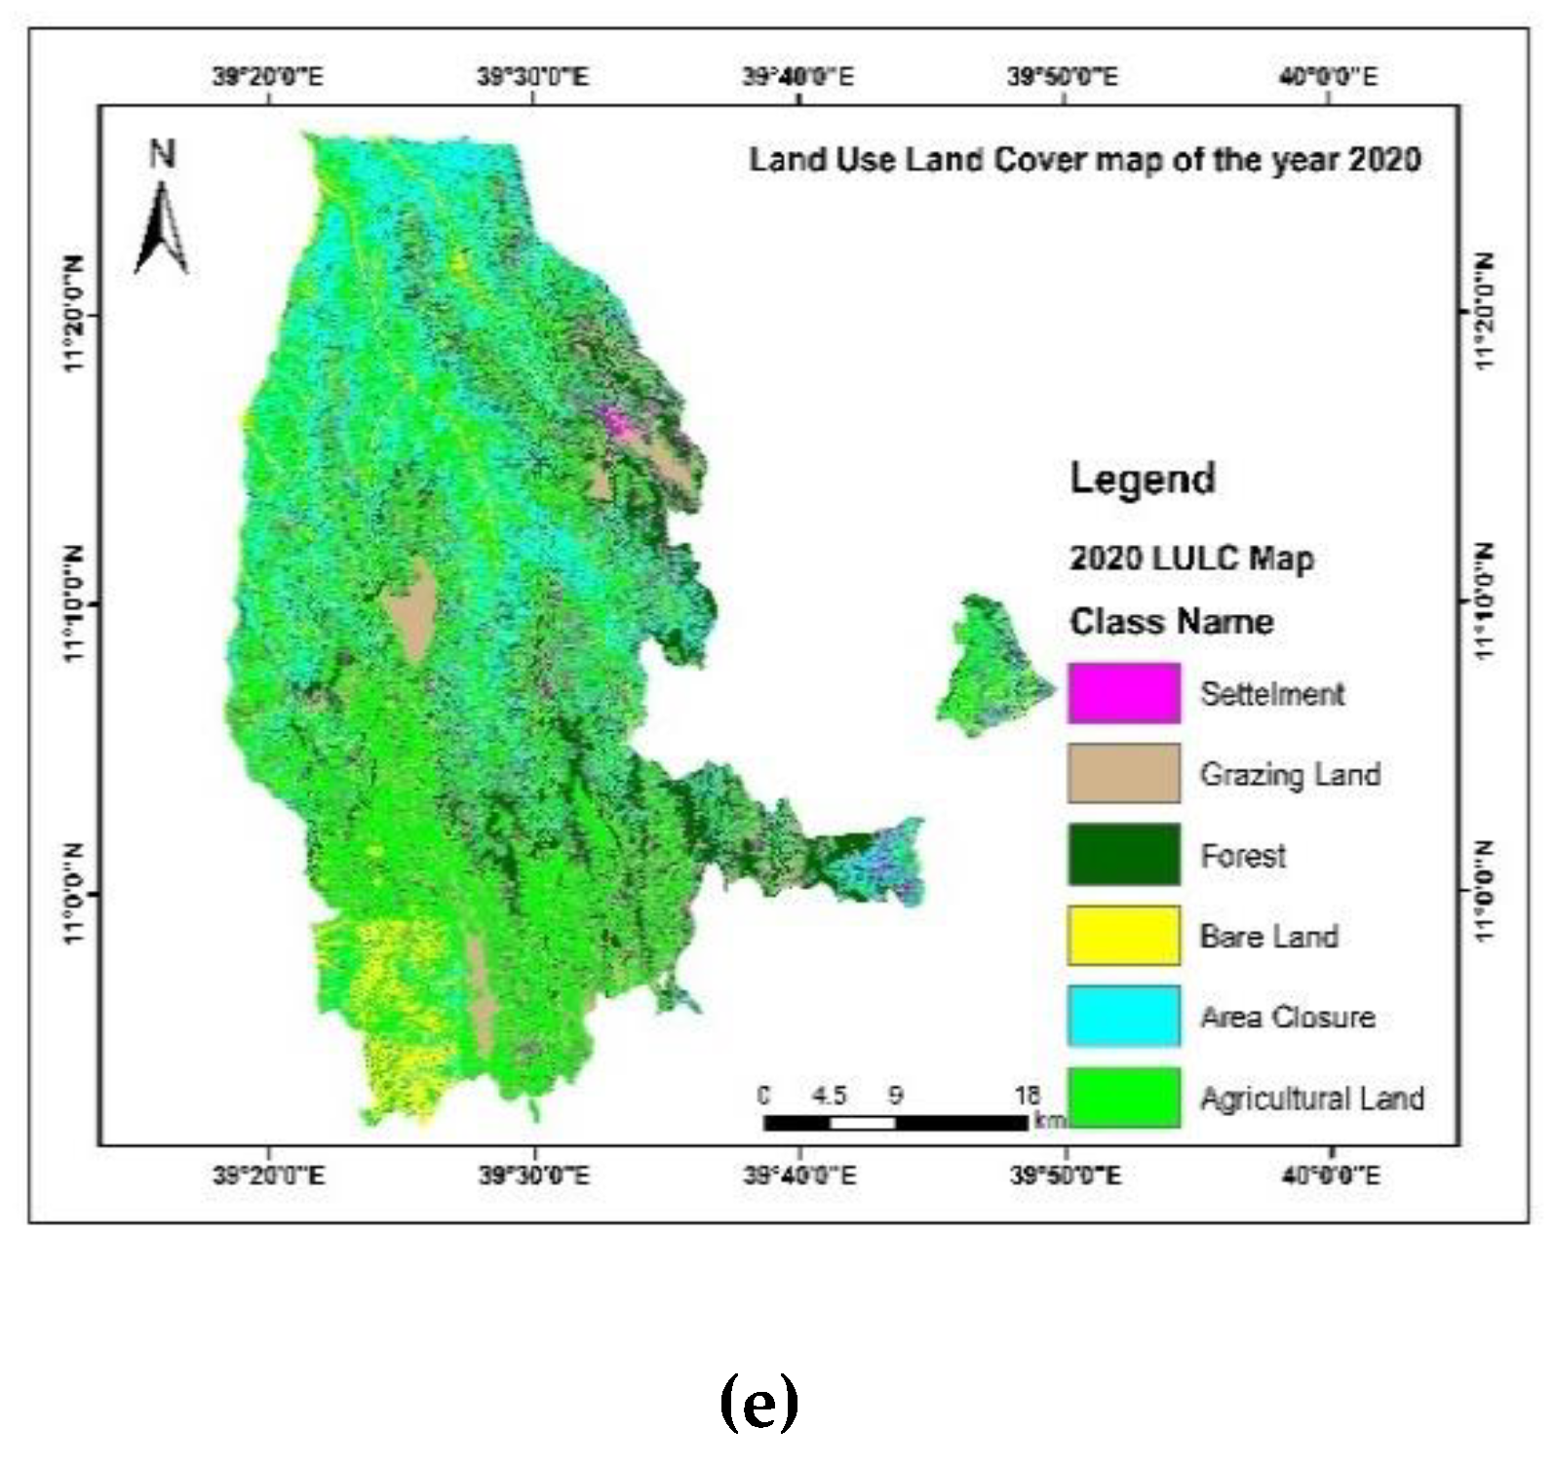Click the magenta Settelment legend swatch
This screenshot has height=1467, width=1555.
point(1123,693)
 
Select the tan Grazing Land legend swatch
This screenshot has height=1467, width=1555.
point(1123,774)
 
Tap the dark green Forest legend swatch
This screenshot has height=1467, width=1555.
point(1123,855)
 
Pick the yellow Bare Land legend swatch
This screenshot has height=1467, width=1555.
point(1123,936)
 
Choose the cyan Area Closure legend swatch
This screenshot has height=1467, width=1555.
point(1123,1017)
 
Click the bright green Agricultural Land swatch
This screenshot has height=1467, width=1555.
point(1123,1098)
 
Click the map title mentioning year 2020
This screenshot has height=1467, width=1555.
point(1084,159)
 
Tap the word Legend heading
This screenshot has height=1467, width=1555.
point(1143,479)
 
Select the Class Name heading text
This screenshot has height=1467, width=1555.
point(1171,622)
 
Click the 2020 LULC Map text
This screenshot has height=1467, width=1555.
point(1191,559)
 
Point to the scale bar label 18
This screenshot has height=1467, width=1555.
point(1028,1095)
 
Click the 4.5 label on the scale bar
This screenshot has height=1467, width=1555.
point(829,1095)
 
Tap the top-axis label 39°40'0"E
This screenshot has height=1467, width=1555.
point(797,76)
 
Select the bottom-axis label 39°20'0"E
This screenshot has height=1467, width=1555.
point(268,1176)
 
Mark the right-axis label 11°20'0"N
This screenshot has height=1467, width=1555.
point(1484,311)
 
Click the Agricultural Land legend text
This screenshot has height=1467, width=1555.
point(1311,1099)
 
